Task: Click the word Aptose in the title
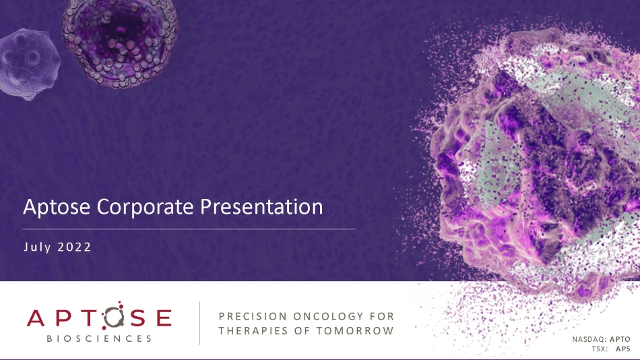[x=57, y=207]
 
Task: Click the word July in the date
[x=38, y=247]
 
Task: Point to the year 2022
[x=74, y=247]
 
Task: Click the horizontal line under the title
[x=189, y=229]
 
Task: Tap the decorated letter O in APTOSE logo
[x=113, y=316]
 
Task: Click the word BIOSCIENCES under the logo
[x=99, y=338]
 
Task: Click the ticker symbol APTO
[x=620, y=339]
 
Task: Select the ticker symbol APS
[x=623, y=349]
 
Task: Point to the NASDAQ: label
[x=589, y=339]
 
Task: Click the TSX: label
[x=600, y=349]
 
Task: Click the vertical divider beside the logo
[x=199, y=323]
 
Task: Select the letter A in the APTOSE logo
[x=36, y=318]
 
